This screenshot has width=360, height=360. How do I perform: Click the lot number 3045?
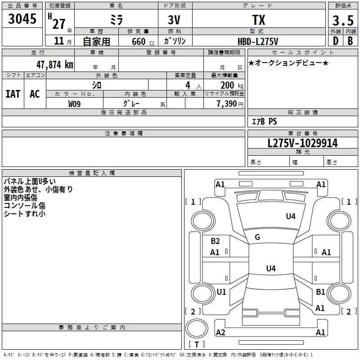22,19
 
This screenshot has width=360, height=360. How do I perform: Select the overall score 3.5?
343,20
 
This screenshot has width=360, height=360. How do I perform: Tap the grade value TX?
259,20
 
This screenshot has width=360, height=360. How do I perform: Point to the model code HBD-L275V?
258,41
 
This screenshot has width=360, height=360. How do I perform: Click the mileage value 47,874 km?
55,65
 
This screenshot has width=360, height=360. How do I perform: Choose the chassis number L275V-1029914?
302,143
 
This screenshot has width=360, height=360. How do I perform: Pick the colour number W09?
74,104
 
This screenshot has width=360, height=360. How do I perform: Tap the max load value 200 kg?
232,85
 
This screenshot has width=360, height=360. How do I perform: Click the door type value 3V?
174,20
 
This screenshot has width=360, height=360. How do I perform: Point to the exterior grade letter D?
336,41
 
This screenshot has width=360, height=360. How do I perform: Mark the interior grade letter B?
350,41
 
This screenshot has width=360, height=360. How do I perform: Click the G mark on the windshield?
257,237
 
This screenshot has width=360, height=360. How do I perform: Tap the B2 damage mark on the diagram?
215,241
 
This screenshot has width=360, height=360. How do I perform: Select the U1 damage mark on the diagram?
221,292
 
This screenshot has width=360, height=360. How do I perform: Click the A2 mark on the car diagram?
220,332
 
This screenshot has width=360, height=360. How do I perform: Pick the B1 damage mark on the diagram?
320,292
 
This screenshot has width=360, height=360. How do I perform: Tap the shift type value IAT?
13,94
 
